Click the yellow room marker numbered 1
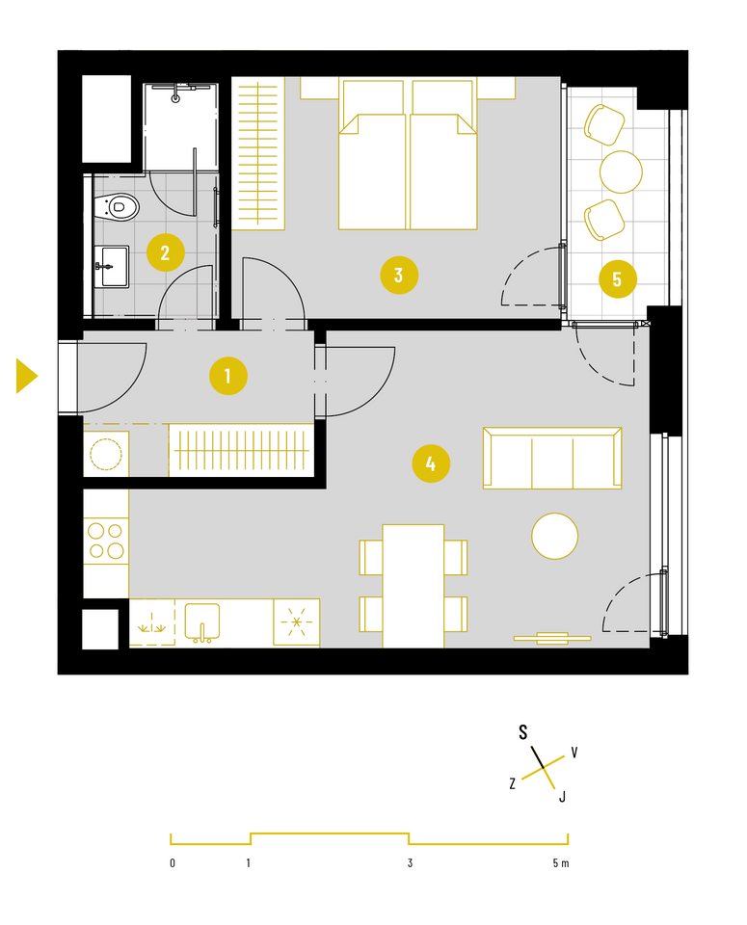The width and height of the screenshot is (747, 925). point(227,376)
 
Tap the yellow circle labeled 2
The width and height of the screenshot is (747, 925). point(165,253)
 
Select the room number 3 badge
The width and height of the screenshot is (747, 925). point(399,275)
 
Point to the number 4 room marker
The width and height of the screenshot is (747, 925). point(431,463)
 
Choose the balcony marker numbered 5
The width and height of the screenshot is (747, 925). point(617,279)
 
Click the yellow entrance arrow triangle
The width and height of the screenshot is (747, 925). point(27,376)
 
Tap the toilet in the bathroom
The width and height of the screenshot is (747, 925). point(117,207)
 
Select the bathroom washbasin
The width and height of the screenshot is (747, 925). point(112,267)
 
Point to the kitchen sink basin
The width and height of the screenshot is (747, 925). point(202,621)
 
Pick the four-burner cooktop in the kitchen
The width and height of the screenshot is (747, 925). point(106,541)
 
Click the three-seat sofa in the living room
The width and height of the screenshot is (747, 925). point(552,459)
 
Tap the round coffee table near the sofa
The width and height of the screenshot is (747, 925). point(554,536)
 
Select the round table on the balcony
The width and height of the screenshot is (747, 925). point(621,172)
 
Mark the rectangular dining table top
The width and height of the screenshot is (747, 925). point(414,586)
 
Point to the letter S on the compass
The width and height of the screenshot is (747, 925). point(522,732)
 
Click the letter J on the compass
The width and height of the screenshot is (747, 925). point(562,797)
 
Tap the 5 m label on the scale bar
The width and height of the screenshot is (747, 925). point(561,863)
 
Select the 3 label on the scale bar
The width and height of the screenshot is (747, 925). point(410,863)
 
